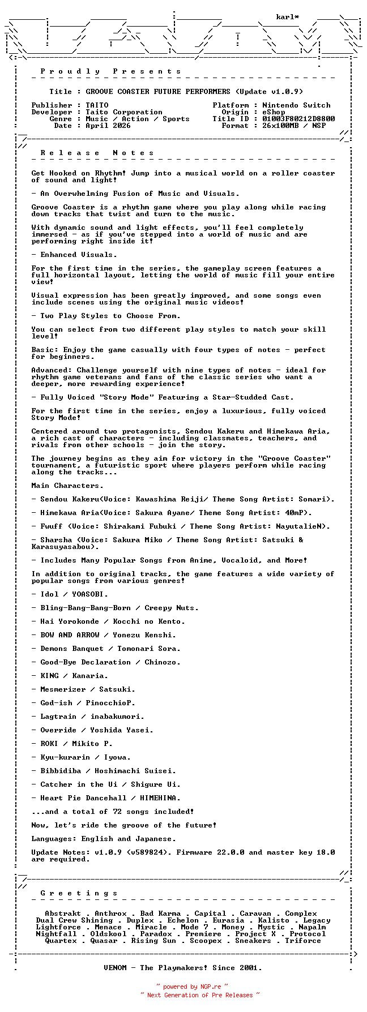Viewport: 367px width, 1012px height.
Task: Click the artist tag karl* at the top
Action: [x=288, y=17]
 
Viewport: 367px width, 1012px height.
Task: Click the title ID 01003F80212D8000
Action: [x=298, y=119]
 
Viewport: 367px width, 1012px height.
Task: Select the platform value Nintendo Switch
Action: [x=296, y=105]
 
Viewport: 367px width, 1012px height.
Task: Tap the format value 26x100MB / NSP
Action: [x=294, y=126]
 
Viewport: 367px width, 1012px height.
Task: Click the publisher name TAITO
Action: [x=97, y=105]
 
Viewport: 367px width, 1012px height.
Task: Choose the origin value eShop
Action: [x=274, y=112]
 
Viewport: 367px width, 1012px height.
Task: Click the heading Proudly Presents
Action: [x=110, y=71]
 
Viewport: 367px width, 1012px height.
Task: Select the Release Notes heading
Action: [x=97, y=153]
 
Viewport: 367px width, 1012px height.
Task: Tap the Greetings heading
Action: [x=79, y=893]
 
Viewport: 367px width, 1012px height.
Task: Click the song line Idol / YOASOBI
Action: [x=74, y=594]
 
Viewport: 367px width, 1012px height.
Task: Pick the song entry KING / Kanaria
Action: [x=74, y=676]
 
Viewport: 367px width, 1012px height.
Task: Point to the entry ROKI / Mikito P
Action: [x=76, y=744]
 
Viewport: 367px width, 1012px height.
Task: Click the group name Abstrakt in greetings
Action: [x=63, y=914]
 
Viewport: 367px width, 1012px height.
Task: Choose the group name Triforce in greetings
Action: [x=303, y=941]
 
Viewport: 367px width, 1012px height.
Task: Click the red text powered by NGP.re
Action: [x=192, y=987]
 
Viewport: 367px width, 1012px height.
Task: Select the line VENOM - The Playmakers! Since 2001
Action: [x=183, y=968]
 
